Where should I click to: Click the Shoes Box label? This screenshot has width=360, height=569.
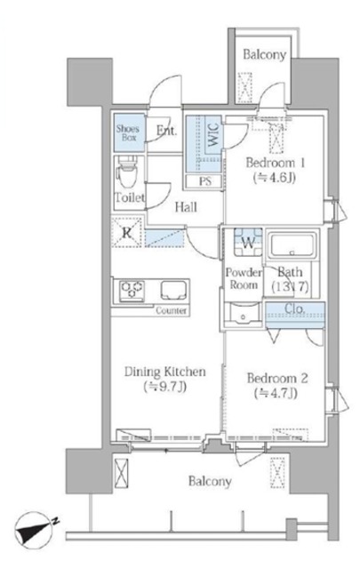pos(128,132)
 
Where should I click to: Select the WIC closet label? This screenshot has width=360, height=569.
pos(213,135)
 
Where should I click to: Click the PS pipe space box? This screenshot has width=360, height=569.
pos(204,180)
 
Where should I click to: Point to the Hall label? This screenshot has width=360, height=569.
pos(186,207)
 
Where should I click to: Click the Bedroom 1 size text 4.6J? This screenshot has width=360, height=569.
pos(275,178)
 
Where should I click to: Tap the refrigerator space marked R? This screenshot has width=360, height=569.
pos(126,233)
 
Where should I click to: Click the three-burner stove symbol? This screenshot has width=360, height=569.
pos(132,290)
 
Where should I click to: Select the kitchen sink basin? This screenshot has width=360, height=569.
pos(174,290)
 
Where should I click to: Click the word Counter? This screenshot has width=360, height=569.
pos(172,310)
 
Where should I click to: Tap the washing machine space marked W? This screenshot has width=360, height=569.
pos(248,243)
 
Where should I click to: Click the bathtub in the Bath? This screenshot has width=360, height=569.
pos(292,244)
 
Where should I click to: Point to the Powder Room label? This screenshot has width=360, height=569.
pos(244,278)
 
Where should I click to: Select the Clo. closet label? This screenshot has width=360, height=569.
pos(294,309)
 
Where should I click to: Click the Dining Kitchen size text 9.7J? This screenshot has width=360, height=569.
pos(165,387)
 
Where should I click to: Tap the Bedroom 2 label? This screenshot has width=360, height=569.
pos(277,379)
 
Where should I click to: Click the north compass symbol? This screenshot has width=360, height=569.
pos(36,528)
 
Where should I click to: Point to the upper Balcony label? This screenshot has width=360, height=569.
pos(264,55)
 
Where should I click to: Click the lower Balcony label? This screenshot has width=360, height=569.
pos(210,482)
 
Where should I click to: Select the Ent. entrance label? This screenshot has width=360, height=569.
pos(166,131)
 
